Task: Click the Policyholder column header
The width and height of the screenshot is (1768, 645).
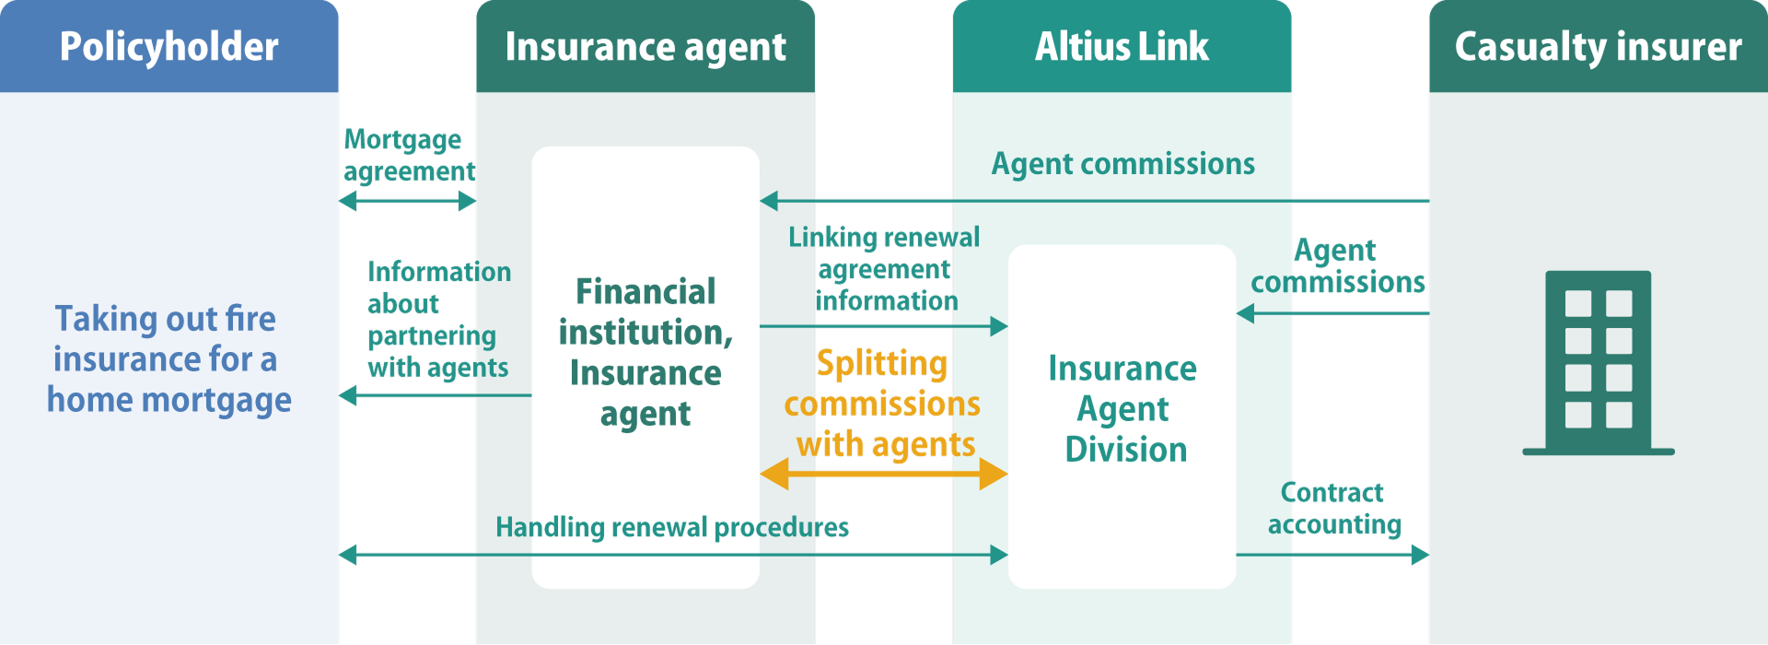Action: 169,47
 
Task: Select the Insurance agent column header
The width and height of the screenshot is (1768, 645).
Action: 645,47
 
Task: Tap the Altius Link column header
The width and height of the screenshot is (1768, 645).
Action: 1122,47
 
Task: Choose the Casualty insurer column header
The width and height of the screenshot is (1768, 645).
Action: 1598,47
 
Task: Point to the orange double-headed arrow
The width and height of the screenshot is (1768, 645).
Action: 883,475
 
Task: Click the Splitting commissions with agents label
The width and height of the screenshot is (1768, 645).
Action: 882,404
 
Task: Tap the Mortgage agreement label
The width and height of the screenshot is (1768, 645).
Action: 408,155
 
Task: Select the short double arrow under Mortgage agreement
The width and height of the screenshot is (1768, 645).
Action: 407,201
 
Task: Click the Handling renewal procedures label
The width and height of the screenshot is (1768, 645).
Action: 672,527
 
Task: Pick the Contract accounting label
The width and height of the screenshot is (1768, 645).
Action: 1333,509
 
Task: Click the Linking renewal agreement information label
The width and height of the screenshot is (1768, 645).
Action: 884,269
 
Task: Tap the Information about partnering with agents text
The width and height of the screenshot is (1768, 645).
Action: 438,319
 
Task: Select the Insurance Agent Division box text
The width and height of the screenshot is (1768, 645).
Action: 1122,409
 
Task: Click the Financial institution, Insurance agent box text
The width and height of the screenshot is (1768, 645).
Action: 646,352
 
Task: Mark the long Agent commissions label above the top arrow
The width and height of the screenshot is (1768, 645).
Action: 1122,164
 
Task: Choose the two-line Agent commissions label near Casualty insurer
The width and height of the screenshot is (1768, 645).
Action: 1337,266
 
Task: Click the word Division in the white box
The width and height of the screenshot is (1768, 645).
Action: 1125,450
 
